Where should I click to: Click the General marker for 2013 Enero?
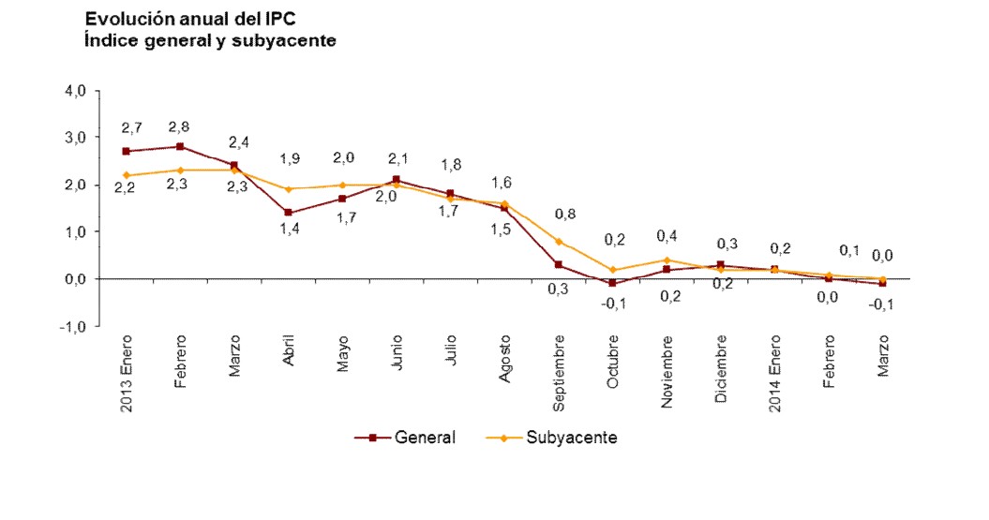click(127, 151)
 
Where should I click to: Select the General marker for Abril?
click(288, 213)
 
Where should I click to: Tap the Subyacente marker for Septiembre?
click(558, 242)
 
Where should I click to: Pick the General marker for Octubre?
click(612, 283)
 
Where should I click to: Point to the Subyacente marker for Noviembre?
click(667, 260)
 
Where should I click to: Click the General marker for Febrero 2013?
click(180, 146)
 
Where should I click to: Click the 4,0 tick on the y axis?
click(100, 91)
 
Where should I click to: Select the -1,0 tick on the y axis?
click(98, 326)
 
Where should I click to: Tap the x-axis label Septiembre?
click(559, 373)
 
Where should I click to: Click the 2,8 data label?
click(181, 126)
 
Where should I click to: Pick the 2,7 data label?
click(131, 127)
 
